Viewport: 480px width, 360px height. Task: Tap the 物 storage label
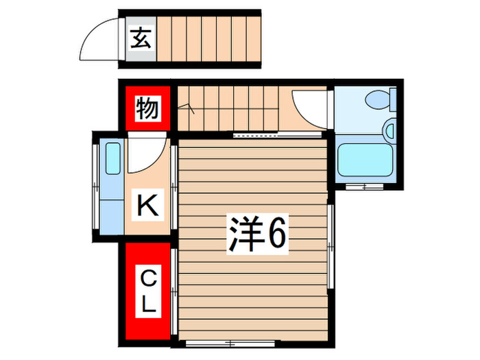click(x=147, y=108)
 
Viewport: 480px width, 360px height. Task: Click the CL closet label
click(x=147, y=291)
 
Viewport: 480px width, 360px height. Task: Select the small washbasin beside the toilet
click(x=389, y=128)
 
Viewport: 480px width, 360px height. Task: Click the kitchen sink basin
click(x=112, y=160)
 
